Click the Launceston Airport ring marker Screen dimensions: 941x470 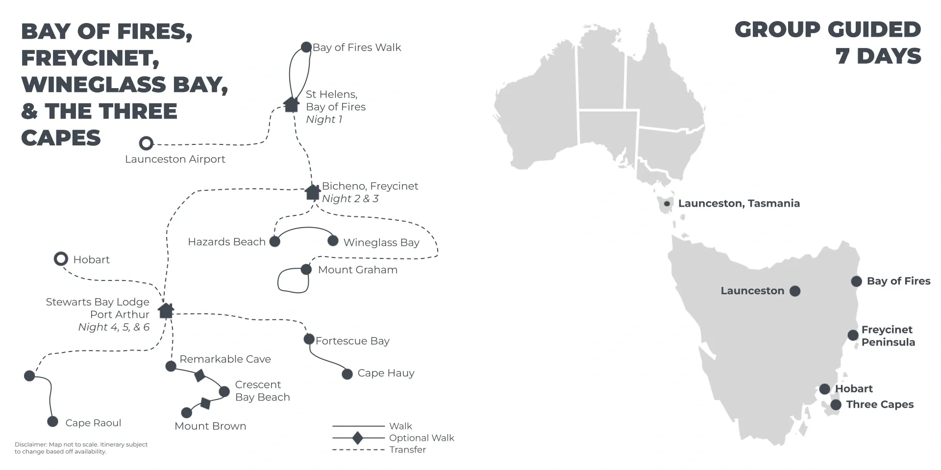(x=146, y=143)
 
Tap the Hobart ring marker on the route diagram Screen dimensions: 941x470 (x=61, y=259)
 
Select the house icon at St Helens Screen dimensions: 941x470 (x=292, y=104)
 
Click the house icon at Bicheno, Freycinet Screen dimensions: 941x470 (x=313, y=192)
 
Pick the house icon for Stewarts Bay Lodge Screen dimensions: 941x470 (x=166, y=310)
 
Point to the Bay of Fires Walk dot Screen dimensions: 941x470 (x=306, y=47)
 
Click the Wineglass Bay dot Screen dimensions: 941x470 (x=333, y=240)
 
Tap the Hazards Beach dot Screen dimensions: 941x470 (x=275, y=241)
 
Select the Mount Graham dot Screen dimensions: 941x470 (x=306, y=269)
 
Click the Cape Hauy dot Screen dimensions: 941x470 (x=347, y=374)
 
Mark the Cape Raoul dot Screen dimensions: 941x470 (x=52, y=422)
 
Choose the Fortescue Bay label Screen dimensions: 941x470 (x=352, y=341)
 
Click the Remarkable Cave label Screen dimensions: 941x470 (x=225, y=359)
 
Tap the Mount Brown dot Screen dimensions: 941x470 (x=186, y=413)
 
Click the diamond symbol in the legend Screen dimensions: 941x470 (x=358, y=438)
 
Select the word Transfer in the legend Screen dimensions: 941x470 (x=407, y=449)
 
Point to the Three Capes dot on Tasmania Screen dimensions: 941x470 (x=836, y=405)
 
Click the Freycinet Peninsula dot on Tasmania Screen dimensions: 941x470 (x=853, y=335)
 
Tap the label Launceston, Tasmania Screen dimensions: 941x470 (x=739, y=203)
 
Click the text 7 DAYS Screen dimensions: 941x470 (x=878, y=56)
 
